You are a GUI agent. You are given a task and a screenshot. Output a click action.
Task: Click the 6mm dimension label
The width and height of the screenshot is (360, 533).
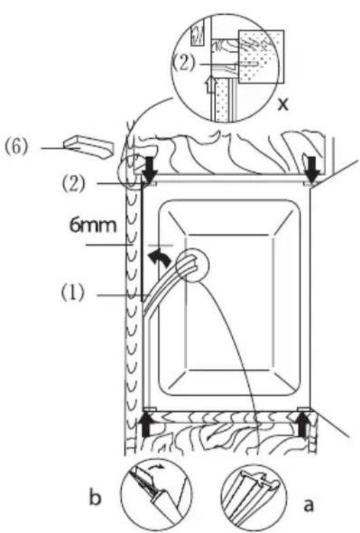tap(93, 226)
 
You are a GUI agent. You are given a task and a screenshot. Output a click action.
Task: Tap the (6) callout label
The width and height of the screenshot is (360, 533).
tap(16, 148)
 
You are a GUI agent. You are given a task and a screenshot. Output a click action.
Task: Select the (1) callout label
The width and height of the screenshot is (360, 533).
tap(72, 293)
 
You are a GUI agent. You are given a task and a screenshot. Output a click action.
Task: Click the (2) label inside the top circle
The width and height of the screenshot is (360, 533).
tap(184, 64)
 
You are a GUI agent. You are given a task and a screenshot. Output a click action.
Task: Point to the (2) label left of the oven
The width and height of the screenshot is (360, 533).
tap(72, 184)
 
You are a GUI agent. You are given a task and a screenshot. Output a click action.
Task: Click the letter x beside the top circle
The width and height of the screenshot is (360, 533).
tap(283, 105)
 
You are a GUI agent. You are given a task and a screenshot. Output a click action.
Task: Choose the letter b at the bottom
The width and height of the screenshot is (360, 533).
tap(95, 498)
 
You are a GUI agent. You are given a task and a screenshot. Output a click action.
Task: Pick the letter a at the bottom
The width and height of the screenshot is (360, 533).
tap(308, 505)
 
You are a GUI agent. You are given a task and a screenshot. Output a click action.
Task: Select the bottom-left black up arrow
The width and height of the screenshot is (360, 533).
tap(146, 424)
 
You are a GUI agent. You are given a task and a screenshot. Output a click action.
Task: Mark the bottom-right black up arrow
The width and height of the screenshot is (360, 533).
tap(303, 423)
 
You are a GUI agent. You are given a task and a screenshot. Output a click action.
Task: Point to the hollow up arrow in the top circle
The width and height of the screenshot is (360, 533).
tap(212, 85)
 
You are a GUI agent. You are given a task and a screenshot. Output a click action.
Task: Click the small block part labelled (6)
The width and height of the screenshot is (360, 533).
tap(87, 147)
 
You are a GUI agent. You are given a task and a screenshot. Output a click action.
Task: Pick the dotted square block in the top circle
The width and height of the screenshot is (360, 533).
tap(261, 56)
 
